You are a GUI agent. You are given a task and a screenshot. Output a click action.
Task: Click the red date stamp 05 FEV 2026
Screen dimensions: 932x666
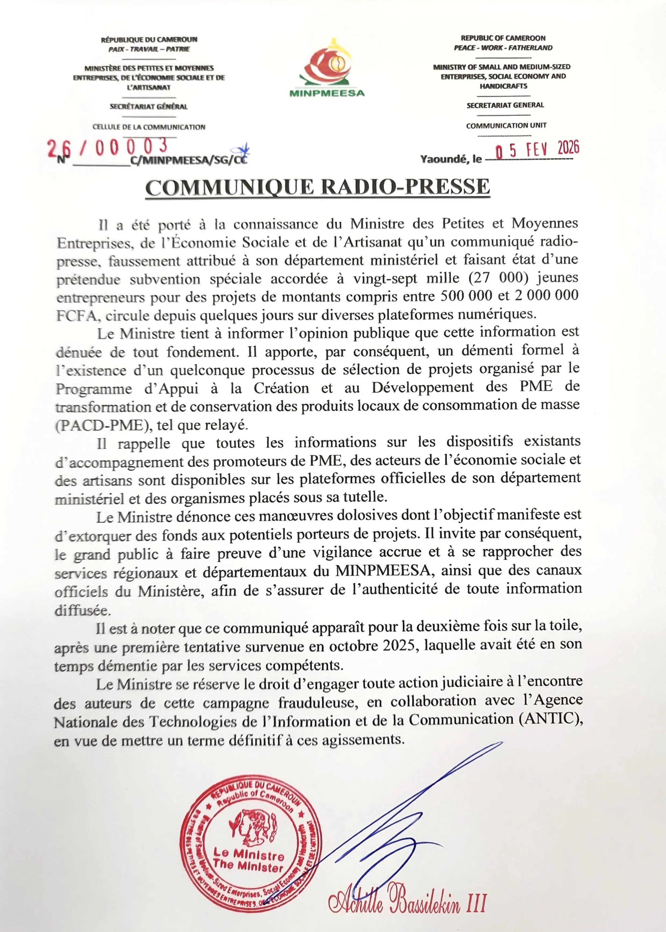(537, 150)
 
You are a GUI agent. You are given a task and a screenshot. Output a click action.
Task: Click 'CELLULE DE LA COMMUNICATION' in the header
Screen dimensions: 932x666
(149, 127)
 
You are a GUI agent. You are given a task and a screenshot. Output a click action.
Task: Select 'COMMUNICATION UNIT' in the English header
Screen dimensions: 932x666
(506, 126)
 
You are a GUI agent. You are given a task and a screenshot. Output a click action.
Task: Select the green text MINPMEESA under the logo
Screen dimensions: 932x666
(327, 93)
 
